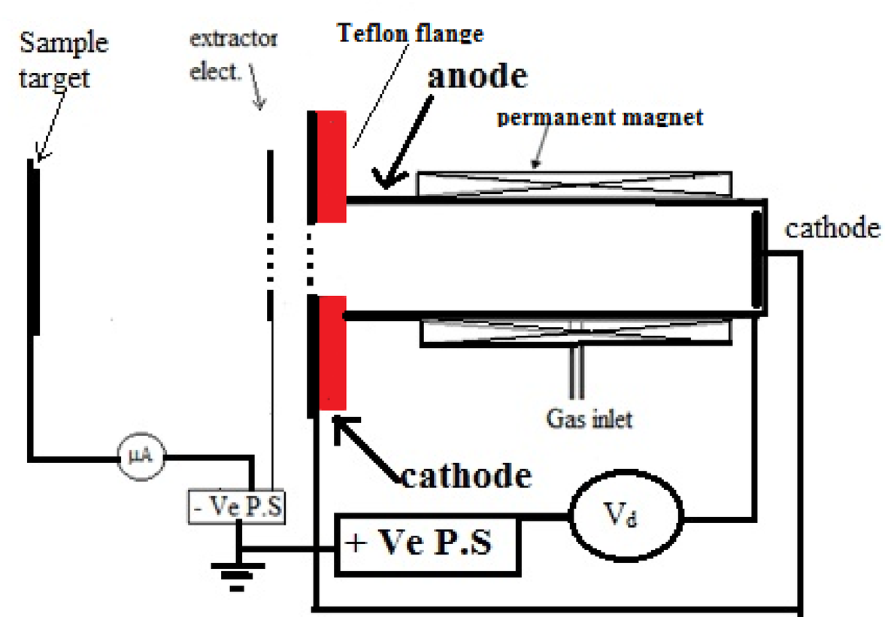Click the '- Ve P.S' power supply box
pyautogui.click(x=236, y=507)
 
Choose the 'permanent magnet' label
pyautogui.click(x=600, y=117)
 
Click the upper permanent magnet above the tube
pyautogui.click(x=574, y=181)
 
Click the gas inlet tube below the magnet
pyautogui.click(x=577, y=373)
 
